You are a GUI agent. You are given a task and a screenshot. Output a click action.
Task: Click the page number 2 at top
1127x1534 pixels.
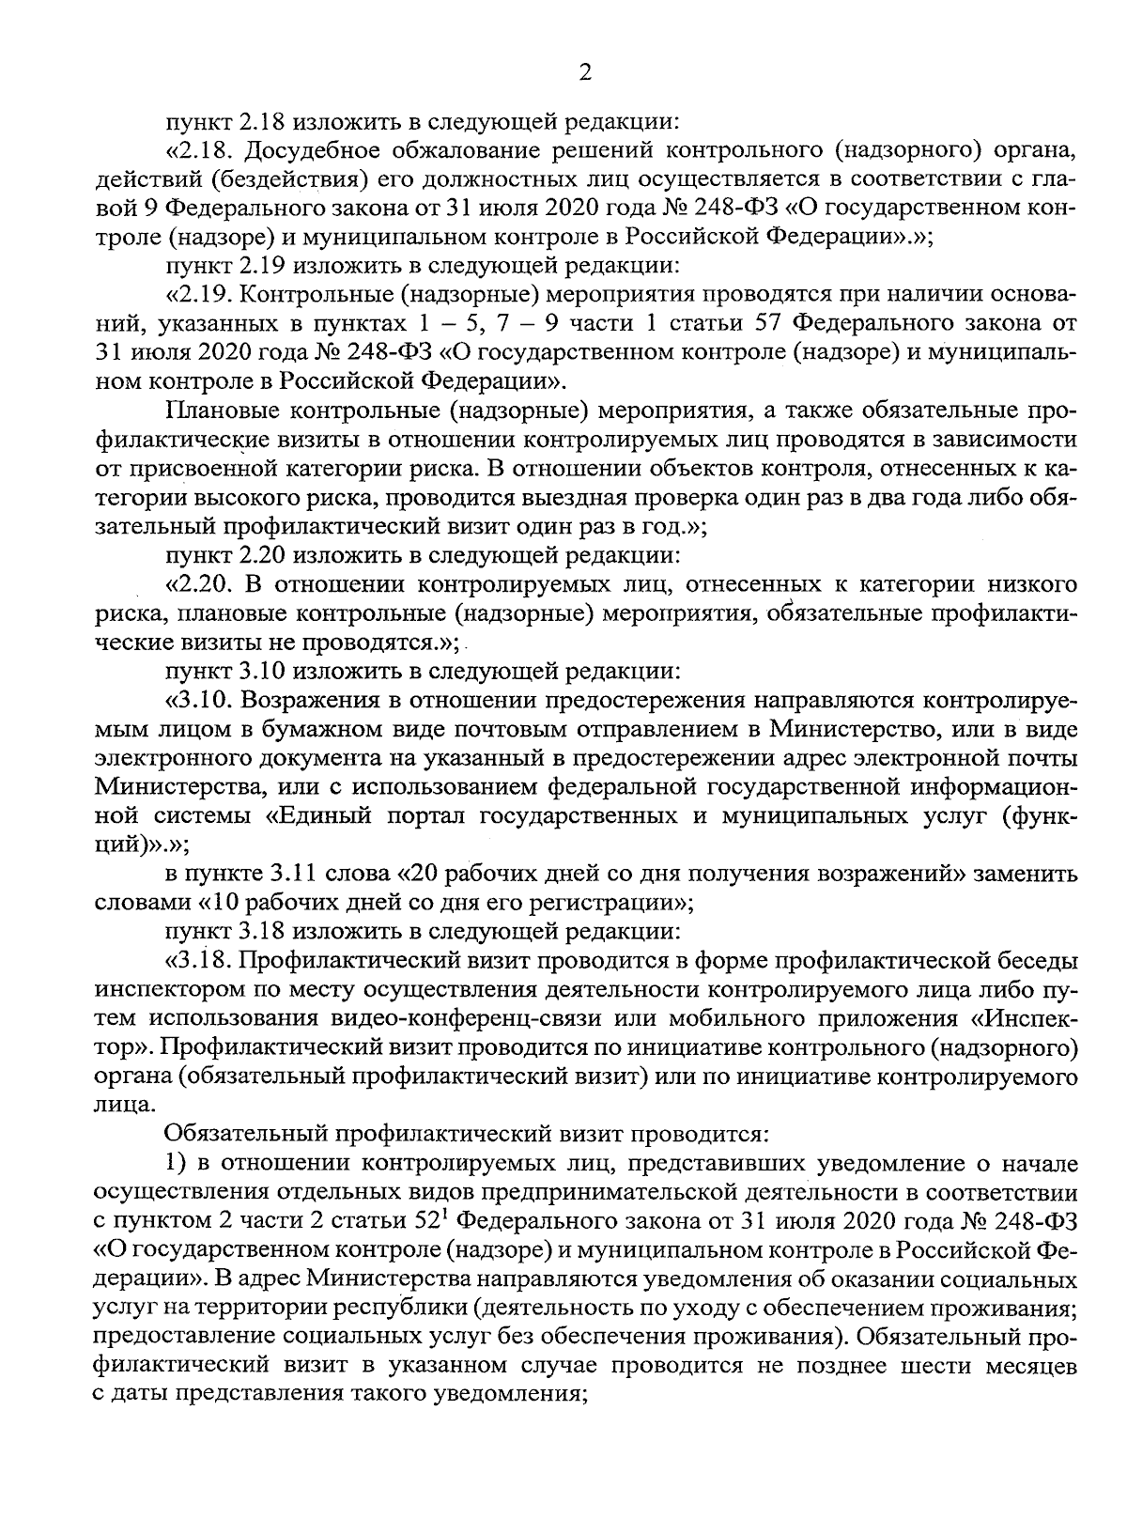(x=584, y=73)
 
